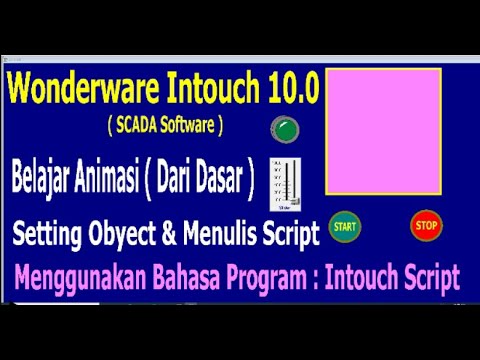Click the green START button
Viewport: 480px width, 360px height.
click(x=344, y=226)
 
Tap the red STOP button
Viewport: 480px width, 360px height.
click(x=425, y=225)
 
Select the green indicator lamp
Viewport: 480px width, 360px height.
click(x=285, y=128)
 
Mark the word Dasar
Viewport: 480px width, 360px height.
click(x=226, y=181)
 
